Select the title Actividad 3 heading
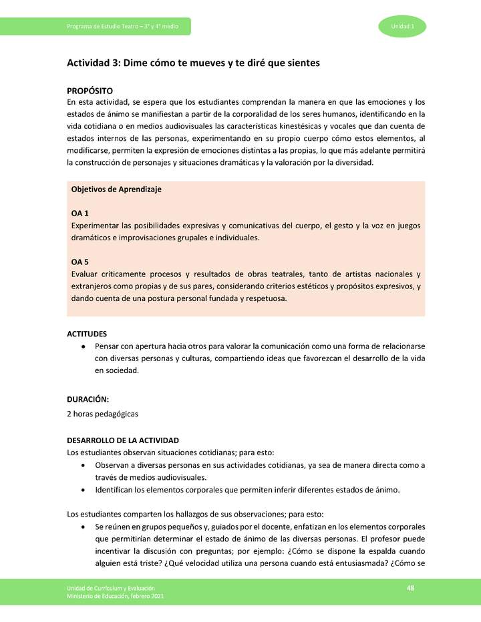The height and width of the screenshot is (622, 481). (192, 63)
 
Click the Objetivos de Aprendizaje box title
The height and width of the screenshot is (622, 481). (116, 190)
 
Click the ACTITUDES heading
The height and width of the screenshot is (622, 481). (87, 334)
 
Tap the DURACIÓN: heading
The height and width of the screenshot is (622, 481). (88, 399)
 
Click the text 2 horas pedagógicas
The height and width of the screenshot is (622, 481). (102, 414)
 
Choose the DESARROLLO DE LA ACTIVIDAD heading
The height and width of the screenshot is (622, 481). (123, 440)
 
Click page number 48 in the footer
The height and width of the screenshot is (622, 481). (411, 587)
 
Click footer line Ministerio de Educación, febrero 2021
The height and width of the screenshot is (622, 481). (114, 595)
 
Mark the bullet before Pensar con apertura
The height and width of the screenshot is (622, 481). (82, 347)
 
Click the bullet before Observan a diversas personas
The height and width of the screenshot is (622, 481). (82, 465)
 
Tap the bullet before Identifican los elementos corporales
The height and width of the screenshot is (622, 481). (82, 491)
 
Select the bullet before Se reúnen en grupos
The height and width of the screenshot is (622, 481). (82, 527)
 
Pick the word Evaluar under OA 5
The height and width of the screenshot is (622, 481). (84, 274)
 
